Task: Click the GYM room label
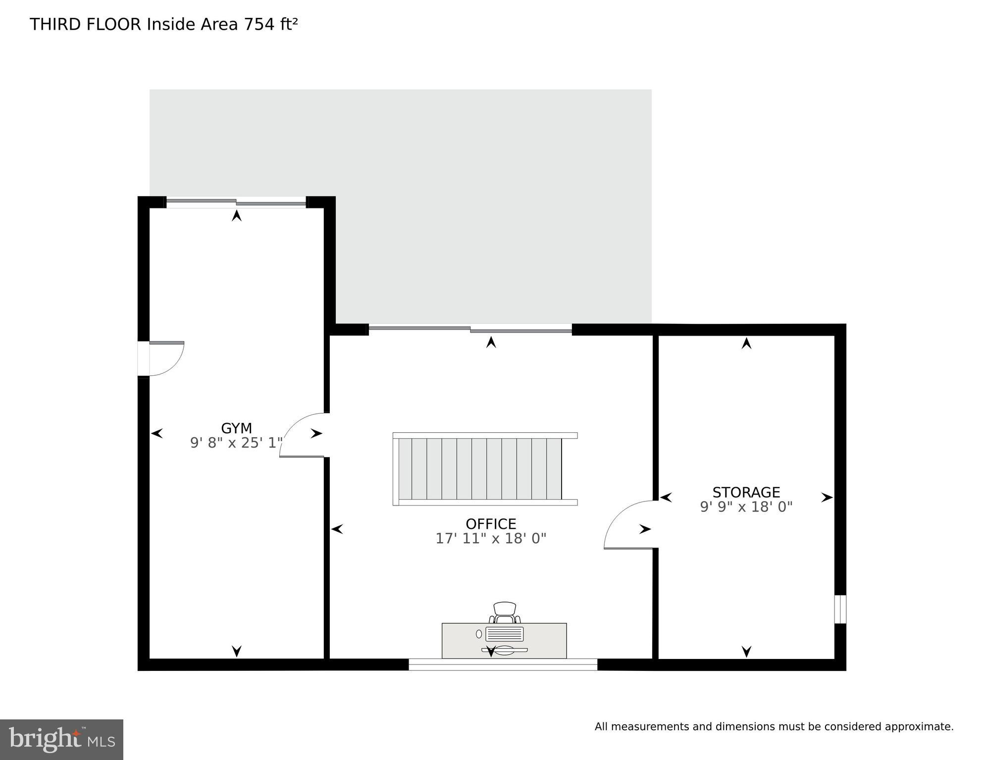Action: (236, 428)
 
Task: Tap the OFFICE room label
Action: (491, 524)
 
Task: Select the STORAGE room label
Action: (746, 492)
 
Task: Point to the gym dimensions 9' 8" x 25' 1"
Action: (236, 443)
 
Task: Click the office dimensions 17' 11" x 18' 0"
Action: (491, 538)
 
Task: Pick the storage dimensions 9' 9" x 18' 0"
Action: (746, 507)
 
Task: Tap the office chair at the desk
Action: (505, 612)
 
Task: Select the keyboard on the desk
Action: (505, 634)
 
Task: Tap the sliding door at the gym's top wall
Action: (236, 202)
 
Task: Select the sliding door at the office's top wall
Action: (470, 329)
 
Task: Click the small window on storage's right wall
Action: (840, 609)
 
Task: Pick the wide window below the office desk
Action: (503, 664)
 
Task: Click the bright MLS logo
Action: (61, 739)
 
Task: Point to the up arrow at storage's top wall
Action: (746, 343)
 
